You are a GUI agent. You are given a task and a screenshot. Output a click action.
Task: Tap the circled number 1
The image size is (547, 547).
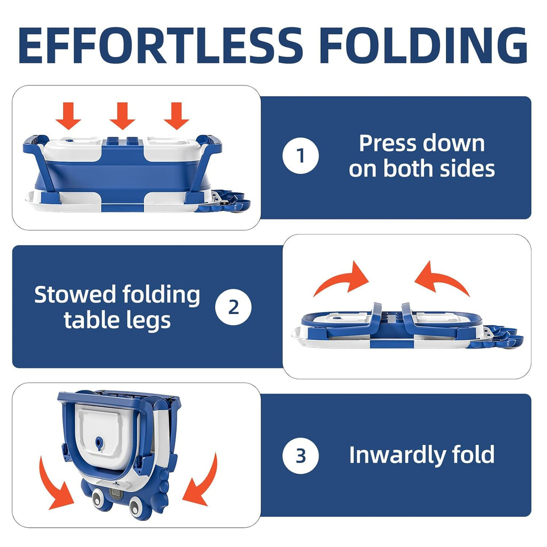click(x=301, y=156)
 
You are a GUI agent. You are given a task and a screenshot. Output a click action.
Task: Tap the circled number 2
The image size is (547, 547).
click(x=233, y=307)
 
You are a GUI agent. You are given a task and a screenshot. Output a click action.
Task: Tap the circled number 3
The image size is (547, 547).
click(x=301, y=455)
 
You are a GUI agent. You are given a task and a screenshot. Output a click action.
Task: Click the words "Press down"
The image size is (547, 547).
click(x=421, y=143)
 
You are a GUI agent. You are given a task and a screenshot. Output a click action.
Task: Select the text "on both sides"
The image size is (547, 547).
click(x=421, y=169)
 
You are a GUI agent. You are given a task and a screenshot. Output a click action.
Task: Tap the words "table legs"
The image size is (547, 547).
click(x=117, y=320)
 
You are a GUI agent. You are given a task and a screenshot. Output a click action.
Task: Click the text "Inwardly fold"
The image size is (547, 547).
click(x=421, y=455)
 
